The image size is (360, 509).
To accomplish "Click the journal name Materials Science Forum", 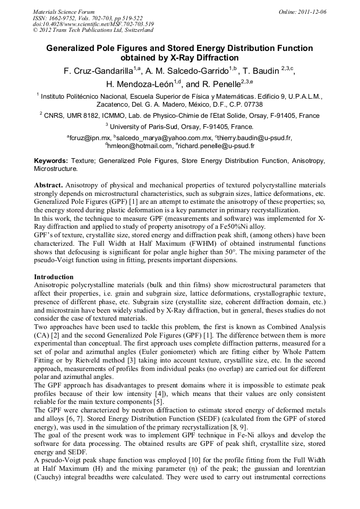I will pyautogui.click(x=64, y=11).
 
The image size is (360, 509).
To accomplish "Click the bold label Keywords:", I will pyautogui.click(x=51, y=160).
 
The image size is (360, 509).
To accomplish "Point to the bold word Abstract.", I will pyautogui.click(x=48, y=185).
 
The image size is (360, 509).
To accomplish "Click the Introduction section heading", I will pyautogui.click(x=54, y=277).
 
